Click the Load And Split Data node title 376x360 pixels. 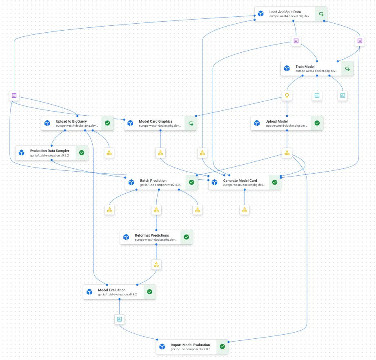pyautogui.click(x=285, y=12)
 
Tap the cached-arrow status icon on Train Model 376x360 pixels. pyautogui.click(x=347, y=69)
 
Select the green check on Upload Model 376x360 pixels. pyautogui.click(x=317, y=123)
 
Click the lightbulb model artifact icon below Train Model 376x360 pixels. pyautogui.click(x=287, y=96)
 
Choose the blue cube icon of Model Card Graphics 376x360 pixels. pyautogui.click(x=130, y=123)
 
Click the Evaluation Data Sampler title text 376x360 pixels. pyautogui.click(x=49, y=151)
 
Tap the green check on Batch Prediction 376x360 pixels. pyautogui.click(x=191, y=182)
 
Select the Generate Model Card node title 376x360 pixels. pyautogui.click(x=240, y=180)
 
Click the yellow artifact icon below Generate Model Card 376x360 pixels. pyautogui.click(x=245, y=210)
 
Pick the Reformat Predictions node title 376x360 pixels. pyautogui.click(x=152, y=235)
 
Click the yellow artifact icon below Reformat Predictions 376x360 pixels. pyautogui.click(x=156, y=265)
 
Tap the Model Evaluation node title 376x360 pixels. pyautogui.click(x=111, y=290)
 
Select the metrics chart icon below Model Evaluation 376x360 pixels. pyautogui.click(x=120, y=319)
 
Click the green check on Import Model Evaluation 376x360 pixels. pyautogui.click(x=222, y=347)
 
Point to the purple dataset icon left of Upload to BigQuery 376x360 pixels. pyautogui.click(x=14, y=96)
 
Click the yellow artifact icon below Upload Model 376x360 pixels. pyautogui.click(x=287, y=153)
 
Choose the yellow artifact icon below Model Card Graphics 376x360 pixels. pyautogui.click(x=160, y=153)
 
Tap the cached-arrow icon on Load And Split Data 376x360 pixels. pyautogui.click(x=321, y=14)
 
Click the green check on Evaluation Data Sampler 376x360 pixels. pyautogui.click(x=81, y=152)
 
